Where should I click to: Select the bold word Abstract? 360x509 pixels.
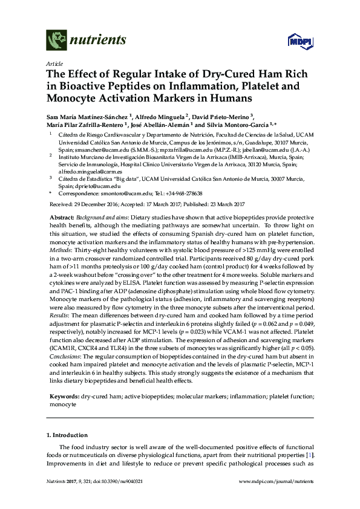(61, 216)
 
